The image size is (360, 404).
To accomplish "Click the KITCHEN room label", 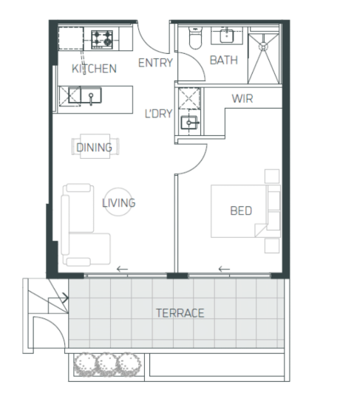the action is tap(94, 69).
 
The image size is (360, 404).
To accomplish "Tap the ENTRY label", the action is tap(155, 63).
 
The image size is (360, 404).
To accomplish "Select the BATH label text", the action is tap(223, 61).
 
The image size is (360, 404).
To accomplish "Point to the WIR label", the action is tap(242, 98).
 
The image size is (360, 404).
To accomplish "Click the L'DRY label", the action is tap(158, 114).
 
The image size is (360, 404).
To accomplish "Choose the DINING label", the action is tap(95, 148).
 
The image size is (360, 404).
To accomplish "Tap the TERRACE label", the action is tap(180, 313).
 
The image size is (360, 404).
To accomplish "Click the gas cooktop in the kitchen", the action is tap(102, 39).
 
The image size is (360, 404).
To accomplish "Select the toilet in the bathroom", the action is tap(195, 38).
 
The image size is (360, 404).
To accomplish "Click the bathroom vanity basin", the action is tap(227, 35).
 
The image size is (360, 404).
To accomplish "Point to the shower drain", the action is tap(263, 47).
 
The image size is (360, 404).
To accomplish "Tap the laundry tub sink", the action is tap(189, 123).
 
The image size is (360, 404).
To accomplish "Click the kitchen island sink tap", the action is tap(91, 99).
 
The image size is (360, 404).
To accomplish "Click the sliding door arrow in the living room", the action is tap(122, 270).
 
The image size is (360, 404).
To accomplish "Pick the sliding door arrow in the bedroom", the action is tap(224, 270).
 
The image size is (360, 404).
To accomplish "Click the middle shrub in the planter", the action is tap(107, 364).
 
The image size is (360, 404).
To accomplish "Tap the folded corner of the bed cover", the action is tap(260, 230).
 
